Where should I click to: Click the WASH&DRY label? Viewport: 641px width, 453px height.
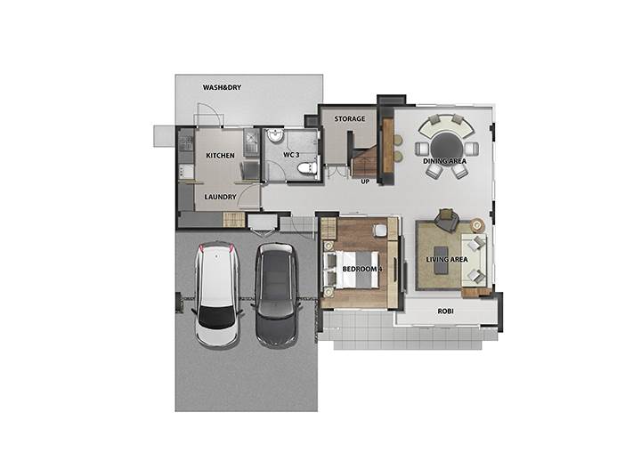pyautogui.click(x=222, y=87)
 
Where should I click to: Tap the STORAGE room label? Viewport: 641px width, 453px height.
pyautogui.click(x=350, y=119)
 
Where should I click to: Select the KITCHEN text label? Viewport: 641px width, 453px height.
pyautogui.click(x=221, y=156)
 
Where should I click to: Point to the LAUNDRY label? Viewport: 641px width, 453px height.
pyautogui.click(x=221, y=197)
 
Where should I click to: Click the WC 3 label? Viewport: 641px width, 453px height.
pyautogui.click(x=291, y=156)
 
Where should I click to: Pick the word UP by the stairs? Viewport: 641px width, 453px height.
pyautogui.click(x=365, y=182)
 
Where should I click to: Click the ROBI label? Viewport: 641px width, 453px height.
pyautogui.click(x=446, y=311)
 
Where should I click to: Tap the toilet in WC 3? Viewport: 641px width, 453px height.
pyautogui.click(x=307, y=168)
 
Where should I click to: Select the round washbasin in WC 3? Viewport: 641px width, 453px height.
pyautogui.click(x=276, y=136)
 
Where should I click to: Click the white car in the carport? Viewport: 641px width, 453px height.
pyautogui.click(x=216, y=295)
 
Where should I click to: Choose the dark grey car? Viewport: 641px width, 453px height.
pyautogui.click(x=275, y=295)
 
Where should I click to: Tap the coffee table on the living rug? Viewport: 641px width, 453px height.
pyautogui.click(x=441, y=260)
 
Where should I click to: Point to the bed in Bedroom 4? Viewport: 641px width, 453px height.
pyautogui.click(x=351, y=270)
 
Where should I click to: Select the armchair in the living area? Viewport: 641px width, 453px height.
pyautogui.click(x=446, y=220)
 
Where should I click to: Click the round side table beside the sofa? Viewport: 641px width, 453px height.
pyautogui.click(x=477, y=225)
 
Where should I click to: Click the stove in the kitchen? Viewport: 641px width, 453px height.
pyautogui.click(x=186, y=142)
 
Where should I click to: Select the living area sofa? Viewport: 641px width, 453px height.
pyautogui.click(x=474, y=260)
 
